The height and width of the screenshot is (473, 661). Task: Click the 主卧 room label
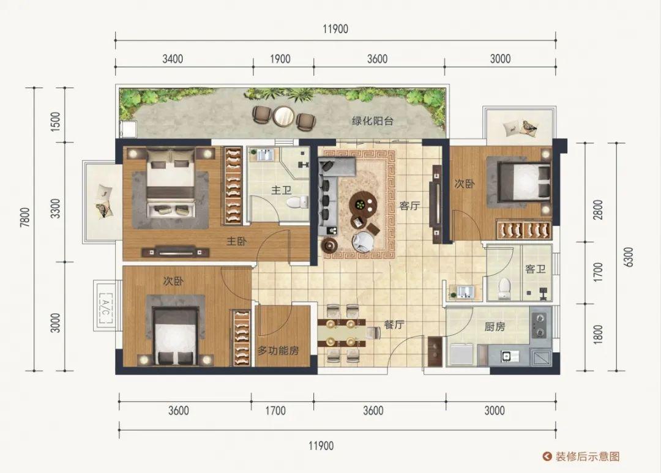(x=236, y=241)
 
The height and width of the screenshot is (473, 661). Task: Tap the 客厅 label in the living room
(x=409, y=206)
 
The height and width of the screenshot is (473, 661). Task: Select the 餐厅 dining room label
(x=394, y=324)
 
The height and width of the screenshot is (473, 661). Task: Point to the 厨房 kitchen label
(x=495, y=326)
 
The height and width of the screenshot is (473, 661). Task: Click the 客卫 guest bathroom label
(x=536, y=269)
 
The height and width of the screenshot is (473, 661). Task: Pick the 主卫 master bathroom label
(x=282, y=190)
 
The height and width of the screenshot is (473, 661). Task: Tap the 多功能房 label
(x=278, y=351)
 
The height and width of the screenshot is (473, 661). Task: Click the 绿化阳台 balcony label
(x=373, y=121)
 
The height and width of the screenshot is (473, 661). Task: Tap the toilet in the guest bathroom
(x=503, y=289)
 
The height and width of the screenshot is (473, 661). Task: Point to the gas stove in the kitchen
(x=540, y=325)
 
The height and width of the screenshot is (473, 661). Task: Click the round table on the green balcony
(x=283, y=116)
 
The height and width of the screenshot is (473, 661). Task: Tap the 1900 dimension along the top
(x=280, y=59)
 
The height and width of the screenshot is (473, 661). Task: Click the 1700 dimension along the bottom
(x=275, y=410)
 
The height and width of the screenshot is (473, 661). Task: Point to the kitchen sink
(x=507, y=356)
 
